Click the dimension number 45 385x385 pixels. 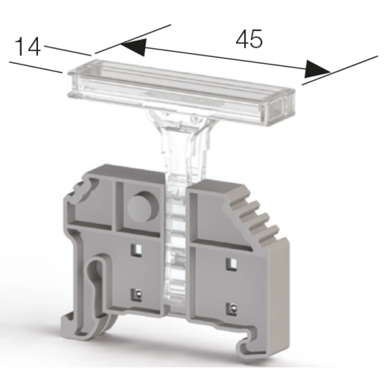249,39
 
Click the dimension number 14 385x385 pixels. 28,47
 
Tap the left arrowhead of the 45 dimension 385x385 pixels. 134,47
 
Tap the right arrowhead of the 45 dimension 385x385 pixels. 317,69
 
